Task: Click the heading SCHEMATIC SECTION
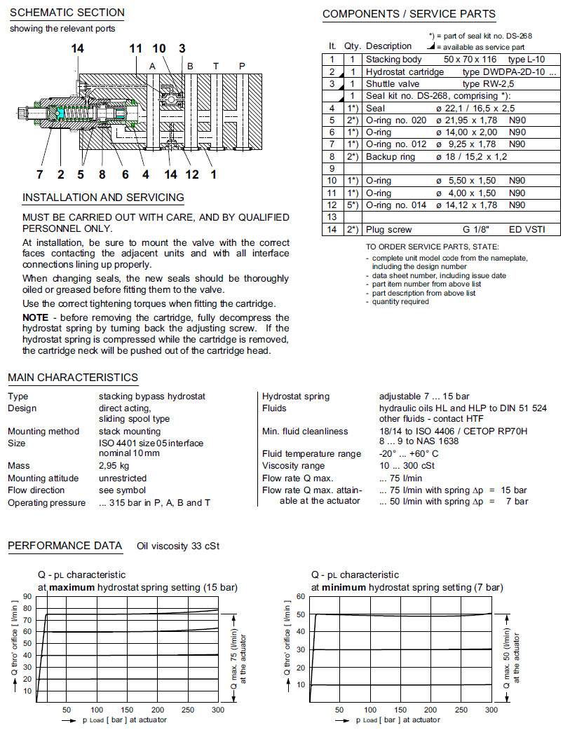(x=67, y=13)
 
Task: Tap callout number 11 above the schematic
(x=135, y=48)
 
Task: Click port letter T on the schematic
(x=216, y=65)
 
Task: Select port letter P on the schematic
(x=242, y=65)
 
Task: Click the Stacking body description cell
(x=393, y=60)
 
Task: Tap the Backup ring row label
(x=390, y=157)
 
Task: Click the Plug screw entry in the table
(x=388, y=230)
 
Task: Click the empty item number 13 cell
(x=332, y=217)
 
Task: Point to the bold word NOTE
(x=35, y=317)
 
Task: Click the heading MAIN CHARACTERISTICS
(x=73, y=378)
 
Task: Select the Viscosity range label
(x=293, y=466)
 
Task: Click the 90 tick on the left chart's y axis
(x=27, y=596)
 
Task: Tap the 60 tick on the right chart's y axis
(x=301, y=596)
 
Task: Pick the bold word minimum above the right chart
(x=344, y=587)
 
